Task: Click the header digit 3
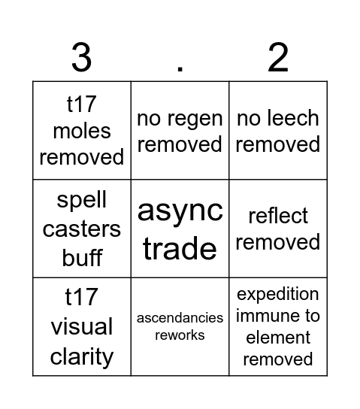[81, 57]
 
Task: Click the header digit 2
[278, 57]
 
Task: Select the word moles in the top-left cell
[82, 131]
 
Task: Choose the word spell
[82, 201]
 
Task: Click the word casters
[82, 229]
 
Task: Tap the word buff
[82, 256]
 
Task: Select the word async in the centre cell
[180, 211]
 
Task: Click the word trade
[180, 247]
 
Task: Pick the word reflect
[278, 216]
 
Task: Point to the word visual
[82, 327]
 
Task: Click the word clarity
[82, 356]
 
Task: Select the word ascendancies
[180, 318]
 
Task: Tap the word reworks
[180, 335]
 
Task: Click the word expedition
[278, 294]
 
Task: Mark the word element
[278, 338]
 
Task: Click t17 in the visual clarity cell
[82, 298]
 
